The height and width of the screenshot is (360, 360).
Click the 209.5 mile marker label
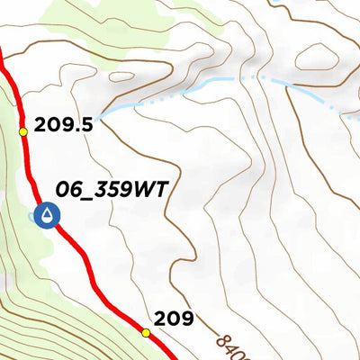point(64,124)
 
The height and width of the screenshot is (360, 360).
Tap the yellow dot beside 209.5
point(23,132)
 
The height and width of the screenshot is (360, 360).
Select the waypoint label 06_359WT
point(112,190)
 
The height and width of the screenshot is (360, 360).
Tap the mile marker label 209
point(174,318)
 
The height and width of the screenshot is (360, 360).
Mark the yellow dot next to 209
point(146,333)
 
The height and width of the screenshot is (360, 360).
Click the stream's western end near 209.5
point(103,115)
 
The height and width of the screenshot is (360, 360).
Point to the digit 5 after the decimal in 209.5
point(86,124)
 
